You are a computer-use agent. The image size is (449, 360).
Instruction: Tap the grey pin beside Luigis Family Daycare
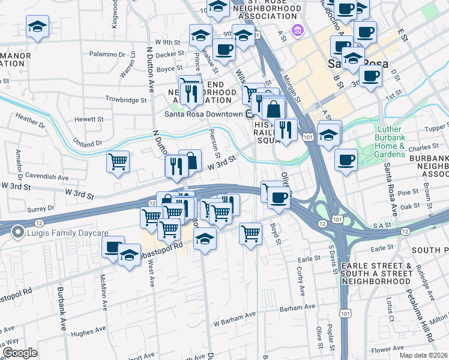tap(18, 230)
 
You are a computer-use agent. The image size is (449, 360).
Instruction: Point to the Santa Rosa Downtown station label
tap(204, 114)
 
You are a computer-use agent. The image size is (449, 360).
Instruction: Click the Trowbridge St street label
tap(127, 100)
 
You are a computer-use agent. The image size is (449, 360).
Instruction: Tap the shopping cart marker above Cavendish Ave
tap(118, 161)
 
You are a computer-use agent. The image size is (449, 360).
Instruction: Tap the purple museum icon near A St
tap(296, 30)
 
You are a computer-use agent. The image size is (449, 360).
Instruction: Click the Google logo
tap(20, 353)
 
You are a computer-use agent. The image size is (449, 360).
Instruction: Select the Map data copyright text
tap(424, 355)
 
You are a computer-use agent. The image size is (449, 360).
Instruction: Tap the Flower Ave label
tap(387, 349)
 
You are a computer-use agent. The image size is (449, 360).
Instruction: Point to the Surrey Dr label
tap(41, 209)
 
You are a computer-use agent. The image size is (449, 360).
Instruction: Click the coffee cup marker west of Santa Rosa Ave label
tap(346, 159)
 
